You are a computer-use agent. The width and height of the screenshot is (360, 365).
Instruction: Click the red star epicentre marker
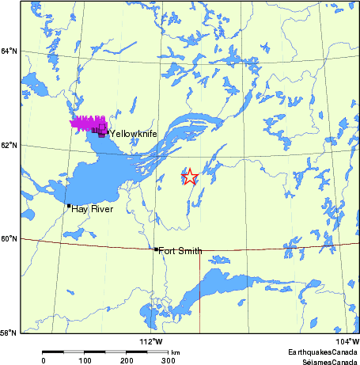(x=189, y=177)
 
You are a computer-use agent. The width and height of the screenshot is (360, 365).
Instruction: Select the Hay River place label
(x=92, y=209)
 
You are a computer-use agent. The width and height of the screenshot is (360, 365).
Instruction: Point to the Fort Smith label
(x=180, y=251)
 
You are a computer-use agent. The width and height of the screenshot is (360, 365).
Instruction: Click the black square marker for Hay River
(x=69, y=206)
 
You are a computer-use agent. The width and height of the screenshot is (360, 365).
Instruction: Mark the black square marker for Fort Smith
(x=156, y=249)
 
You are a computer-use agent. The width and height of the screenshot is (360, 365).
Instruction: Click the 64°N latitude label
(x=9, y=51)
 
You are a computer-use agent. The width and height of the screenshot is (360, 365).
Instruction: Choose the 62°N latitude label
(x=9, y=146)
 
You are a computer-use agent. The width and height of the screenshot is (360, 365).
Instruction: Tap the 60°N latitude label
(x=9, y=238)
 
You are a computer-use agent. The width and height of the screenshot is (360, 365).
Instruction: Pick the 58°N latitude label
(x=9, y=333)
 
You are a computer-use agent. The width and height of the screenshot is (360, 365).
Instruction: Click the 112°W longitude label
(x=150, y=341)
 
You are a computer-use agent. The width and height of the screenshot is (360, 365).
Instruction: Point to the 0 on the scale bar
(x=44, y=360)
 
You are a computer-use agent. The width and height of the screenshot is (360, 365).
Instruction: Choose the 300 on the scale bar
(x=169, y=360)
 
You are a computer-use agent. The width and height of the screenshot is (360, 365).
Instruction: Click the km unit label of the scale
(x=175, y=352)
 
